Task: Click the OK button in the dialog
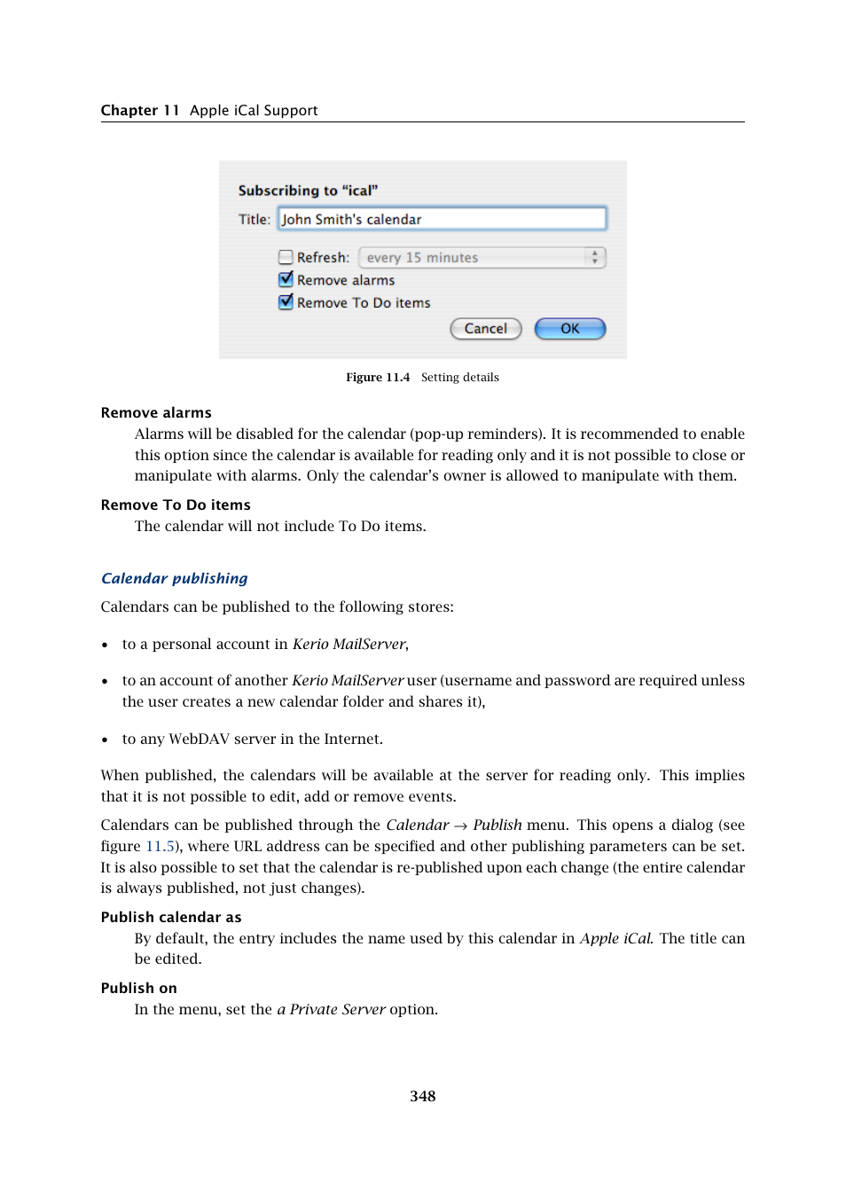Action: [x=569, y=329]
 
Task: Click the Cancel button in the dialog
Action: [x=485, y=329]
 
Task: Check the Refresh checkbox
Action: [x=286, y=257]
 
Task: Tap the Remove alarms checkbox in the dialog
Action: [x=286, y=279]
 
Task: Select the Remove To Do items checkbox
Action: [x=286, y=302]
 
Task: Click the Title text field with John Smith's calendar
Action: [x=442, y=219]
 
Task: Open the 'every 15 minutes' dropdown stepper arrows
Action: [x=594, y=257]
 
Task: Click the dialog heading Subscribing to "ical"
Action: [x=308, y=191]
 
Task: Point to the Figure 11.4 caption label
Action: [x=378, y=378]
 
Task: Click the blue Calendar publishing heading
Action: [x=175, y=578]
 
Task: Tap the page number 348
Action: [x=422, y=1096]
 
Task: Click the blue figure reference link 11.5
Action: [x=160, y=846]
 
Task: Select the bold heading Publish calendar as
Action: [x=171, y=917]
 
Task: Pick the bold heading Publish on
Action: [x=139, y=988]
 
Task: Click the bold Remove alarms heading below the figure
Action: [x=156, y=412]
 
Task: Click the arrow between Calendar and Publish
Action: [x=460, y=825]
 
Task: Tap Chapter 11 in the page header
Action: [x=140, y=110]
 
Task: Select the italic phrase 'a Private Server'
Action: [x=331, y=1009]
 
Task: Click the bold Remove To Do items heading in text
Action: [x=176, y=505]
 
